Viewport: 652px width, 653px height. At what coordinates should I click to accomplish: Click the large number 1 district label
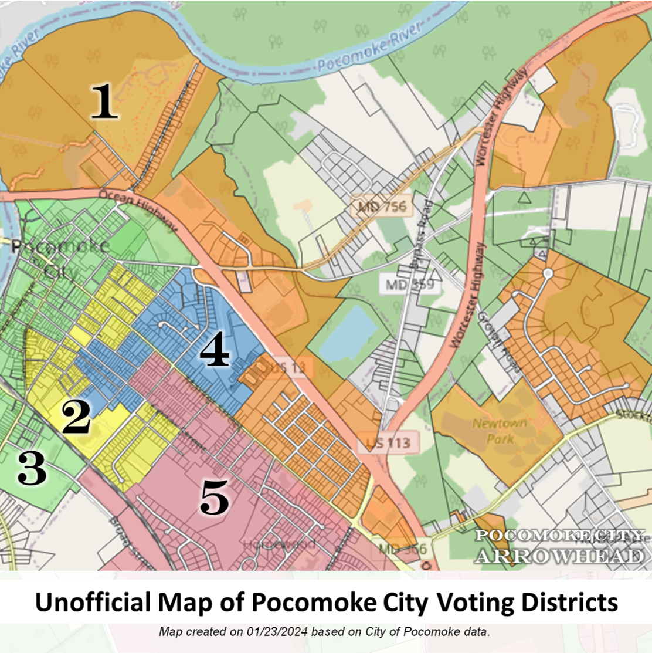click(104, 101)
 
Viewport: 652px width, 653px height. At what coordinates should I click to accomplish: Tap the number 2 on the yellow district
click(76, 419)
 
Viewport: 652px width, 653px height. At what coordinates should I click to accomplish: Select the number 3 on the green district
click(32, 469)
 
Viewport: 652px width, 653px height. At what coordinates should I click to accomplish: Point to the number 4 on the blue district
click(215, 352)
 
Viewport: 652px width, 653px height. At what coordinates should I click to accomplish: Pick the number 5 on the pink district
click(214, 498)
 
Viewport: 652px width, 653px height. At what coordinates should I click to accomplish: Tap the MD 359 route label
click(410, 285)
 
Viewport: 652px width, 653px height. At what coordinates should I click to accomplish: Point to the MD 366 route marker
click(402, 549)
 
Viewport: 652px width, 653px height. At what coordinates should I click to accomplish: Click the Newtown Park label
click(500, 431)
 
